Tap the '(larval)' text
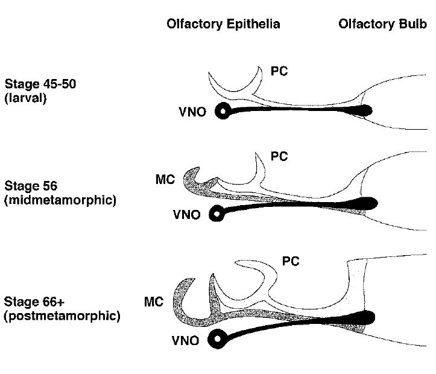[x=27, y=97]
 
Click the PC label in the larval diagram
[x=280, y=72]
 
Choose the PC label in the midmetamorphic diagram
[x=279, y=157]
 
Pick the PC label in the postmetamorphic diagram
[x=291, y=261]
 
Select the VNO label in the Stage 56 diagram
[x=186, y=213]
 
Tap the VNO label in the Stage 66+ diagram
[x=186, y=341]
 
